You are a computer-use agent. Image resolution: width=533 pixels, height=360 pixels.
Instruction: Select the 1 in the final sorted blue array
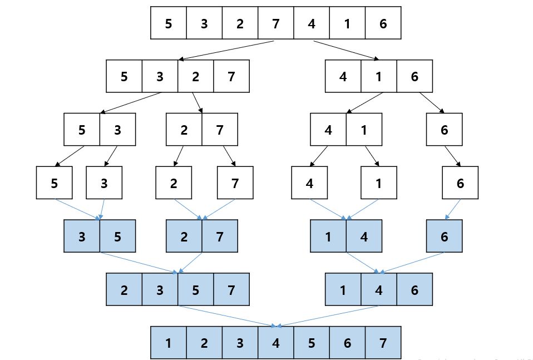point(169,343)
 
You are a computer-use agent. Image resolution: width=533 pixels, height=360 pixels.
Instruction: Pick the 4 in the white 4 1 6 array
point(343,76)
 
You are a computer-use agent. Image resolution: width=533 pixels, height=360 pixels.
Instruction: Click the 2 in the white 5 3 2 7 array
point(195,76)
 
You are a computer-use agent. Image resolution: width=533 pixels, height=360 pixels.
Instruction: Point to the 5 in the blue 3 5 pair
point(117,236)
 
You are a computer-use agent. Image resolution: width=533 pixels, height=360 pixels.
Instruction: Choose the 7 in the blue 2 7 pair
point(220,236)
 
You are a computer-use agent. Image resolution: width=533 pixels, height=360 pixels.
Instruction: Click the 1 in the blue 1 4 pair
point(328,236)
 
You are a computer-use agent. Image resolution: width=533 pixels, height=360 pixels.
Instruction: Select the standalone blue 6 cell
point(444,236)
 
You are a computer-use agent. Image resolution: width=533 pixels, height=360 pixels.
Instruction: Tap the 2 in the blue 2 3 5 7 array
point(124,290)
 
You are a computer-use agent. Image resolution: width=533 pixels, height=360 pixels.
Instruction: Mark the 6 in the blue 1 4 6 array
point(414,290)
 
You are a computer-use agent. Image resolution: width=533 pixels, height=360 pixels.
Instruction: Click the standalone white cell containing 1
point(379,183)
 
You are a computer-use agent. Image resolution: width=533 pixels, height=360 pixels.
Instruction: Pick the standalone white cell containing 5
point(54,183)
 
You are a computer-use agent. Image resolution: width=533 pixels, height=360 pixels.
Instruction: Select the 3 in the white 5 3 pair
point(117,130)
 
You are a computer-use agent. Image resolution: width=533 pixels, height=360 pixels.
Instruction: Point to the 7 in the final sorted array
point(383,343)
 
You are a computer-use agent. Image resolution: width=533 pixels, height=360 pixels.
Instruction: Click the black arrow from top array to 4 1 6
point(345,50)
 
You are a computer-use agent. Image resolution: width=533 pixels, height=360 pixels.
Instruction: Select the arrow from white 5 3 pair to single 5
point(70,156)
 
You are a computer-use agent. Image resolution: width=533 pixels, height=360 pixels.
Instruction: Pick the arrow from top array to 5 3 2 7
point(226,50)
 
